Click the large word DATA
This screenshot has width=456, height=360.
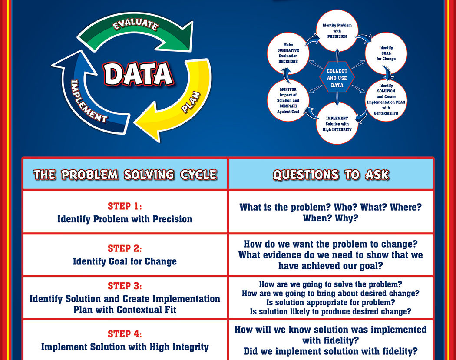(139, 74)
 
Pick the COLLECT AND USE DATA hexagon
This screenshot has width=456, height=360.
(337, 78)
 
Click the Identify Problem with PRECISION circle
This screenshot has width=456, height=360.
(337, 31)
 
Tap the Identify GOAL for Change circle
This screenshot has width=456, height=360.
(386, 53)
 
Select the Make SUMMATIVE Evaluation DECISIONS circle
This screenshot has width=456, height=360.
(288, 53)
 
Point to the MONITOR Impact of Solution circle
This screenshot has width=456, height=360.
(288, 101)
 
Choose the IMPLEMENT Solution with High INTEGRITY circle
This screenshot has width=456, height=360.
(337, 123)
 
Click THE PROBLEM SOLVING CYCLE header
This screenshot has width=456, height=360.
(125, 175)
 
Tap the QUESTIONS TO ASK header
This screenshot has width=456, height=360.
(331, 175)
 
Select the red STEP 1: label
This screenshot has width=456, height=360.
(125, 206)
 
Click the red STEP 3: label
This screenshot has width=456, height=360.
(125, 286)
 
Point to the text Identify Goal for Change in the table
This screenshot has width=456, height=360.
(125, 261)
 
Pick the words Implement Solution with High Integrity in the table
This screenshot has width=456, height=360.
(125, 347)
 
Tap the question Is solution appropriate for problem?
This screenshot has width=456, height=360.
(330, 302)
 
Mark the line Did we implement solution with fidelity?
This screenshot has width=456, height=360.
(330, 351)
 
